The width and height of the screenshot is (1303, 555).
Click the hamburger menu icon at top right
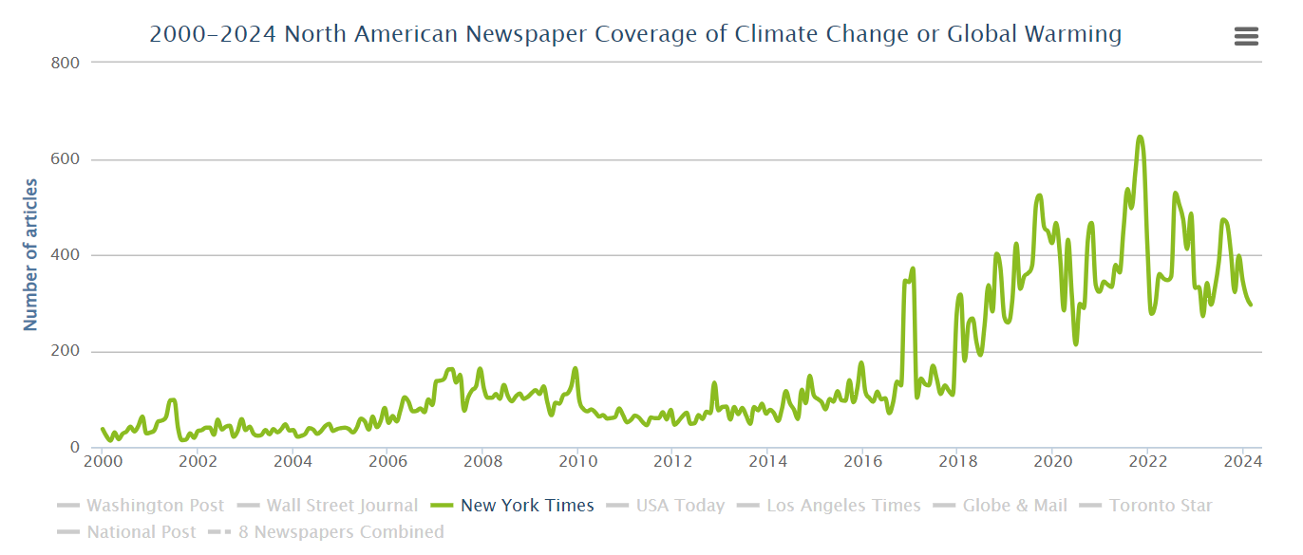click(x=1246, y=36)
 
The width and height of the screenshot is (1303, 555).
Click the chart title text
click(x=635, y=35)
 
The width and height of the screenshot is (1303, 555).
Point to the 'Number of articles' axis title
click(x=30, y=254)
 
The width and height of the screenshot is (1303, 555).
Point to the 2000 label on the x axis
click(x=102, y=462)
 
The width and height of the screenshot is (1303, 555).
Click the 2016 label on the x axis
click(x=861, y=462)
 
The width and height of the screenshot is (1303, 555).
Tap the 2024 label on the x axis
click(x=1241, y=462)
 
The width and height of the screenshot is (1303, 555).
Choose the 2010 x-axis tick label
click(x=576, y=462)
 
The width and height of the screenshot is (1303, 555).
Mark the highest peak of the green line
click(x=1140, y=138)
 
